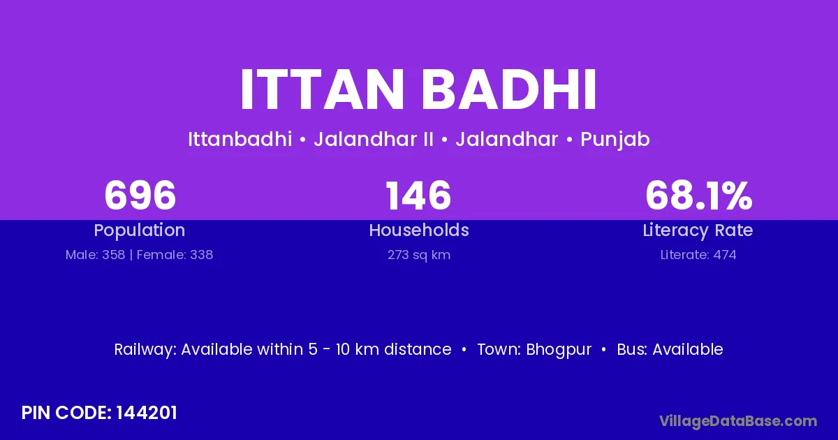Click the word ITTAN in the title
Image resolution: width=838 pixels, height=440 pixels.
click(x=322, y=90)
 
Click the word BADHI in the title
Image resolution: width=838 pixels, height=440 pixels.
click(x=509, y=90)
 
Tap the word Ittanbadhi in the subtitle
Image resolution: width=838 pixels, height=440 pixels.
click(x=240, y=139)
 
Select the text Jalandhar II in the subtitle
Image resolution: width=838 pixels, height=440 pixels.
click(x=374, y=139)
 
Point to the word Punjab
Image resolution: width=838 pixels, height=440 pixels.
click(x=615, y=140)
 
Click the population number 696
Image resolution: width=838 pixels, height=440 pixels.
click(x=140, y=196)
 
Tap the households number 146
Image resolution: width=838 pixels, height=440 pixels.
click(x=418, y=196)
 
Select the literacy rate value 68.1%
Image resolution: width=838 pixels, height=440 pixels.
click(x=698, y=196)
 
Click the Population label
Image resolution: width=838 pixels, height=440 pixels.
click(x=140, y=230)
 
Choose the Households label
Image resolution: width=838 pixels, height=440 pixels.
click(x=419, y=230)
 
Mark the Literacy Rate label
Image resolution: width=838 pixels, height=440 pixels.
click(x=698, y=230)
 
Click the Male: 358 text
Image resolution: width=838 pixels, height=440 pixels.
click(x=95, y=255)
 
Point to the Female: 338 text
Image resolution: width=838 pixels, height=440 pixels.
click(x=175, y=255)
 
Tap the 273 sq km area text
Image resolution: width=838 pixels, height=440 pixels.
click(x=419, y=255)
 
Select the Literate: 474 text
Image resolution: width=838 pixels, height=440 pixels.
click(x=698, y=255)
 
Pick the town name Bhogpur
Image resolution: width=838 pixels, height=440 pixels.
click(x=559, y=350)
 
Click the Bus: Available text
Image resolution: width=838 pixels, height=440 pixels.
click(x=670, y=349)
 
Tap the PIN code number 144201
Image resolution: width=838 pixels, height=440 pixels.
click(x=146, y=413)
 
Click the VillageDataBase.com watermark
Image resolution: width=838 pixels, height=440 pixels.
click(x=738, y=421)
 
